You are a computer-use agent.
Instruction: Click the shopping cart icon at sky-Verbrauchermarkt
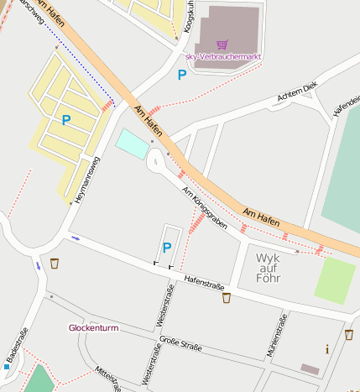click(222, 44)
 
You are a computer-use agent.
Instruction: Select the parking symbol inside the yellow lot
click(65, 120)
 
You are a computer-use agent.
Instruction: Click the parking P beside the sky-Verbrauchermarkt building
click(181, 76)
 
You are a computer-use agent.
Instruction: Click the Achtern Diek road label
click(298, 94)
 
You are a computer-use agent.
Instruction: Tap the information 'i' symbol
click(327, 348)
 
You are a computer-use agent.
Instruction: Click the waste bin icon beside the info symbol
click(348, 334)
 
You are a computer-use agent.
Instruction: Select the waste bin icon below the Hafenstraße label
click(226, 297)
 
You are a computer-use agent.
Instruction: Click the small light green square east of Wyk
click(335, 280)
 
